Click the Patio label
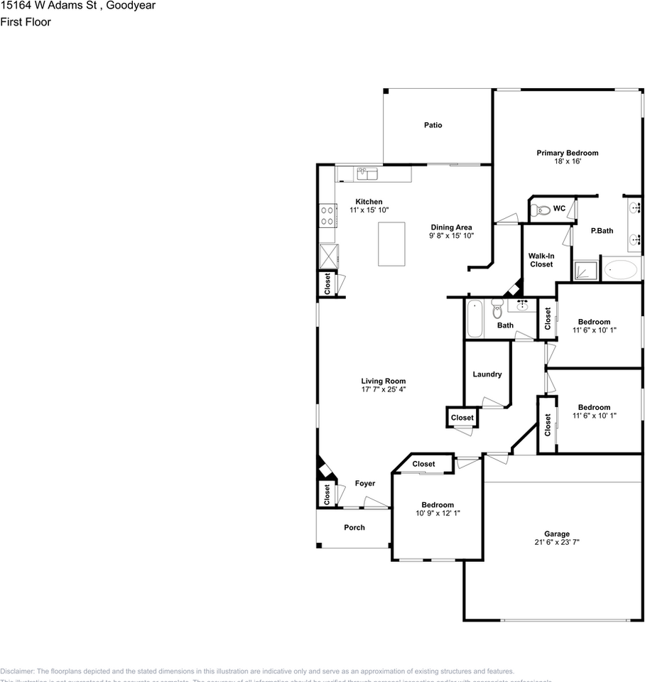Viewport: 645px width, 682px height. coord(433,125)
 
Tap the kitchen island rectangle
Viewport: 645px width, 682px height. coord(391,244)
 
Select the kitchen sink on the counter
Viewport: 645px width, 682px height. coord(367,173)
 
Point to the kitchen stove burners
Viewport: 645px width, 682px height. coord(328,215)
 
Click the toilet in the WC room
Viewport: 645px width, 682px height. coord(541,209)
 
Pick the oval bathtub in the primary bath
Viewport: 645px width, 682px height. coord(621,270)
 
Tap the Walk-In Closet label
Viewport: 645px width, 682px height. coord(541,260)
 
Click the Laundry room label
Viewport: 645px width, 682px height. coord(487,374)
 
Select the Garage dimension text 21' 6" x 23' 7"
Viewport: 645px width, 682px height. coord(557,543)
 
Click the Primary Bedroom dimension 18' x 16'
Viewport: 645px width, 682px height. coord(567,161)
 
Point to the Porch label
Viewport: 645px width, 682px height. coord(354,527)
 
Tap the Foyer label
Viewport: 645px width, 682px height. coord(365,484)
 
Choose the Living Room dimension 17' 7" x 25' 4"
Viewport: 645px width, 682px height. coord(383,389)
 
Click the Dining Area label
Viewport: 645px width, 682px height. coord(450,227)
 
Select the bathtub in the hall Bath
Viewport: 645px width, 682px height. coord(475,319)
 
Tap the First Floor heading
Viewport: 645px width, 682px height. coord(26,22)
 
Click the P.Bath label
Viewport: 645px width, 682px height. coord(602,230)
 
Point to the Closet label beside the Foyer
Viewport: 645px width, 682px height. coord(327,494)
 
